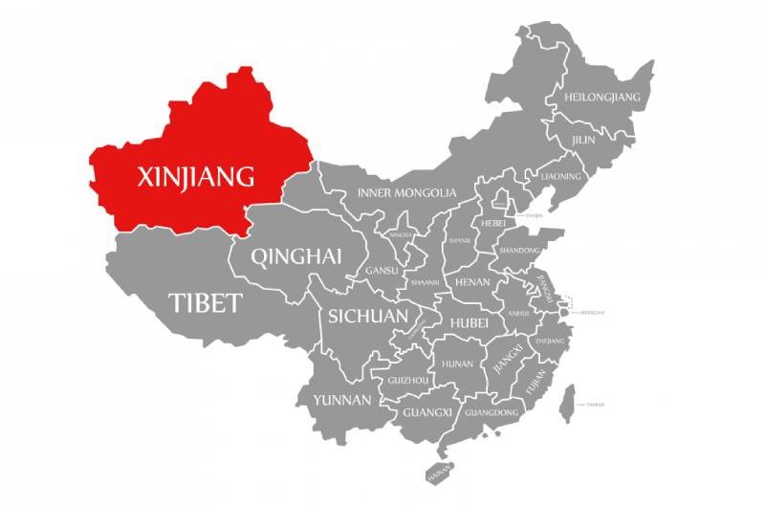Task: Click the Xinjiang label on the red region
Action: coord(196,177)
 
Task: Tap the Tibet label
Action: coord(205,303)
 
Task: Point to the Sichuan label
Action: coord(368,316)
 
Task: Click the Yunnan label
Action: coord(341,400)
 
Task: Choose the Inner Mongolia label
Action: coord(406,193)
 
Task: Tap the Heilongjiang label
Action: coord(602,98)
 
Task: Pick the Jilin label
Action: coord(582,140)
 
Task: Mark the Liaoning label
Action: coord(560,177)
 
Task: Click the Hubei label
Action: coord(469,323)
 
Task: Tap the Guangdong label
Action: coord(492,412)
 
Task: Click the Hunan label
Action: coord(457,364)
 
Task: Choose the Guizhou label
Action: coord(407,380)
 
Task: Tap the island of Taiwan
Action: coord(566,402)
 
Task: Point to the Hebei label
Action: coord(493,223)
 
